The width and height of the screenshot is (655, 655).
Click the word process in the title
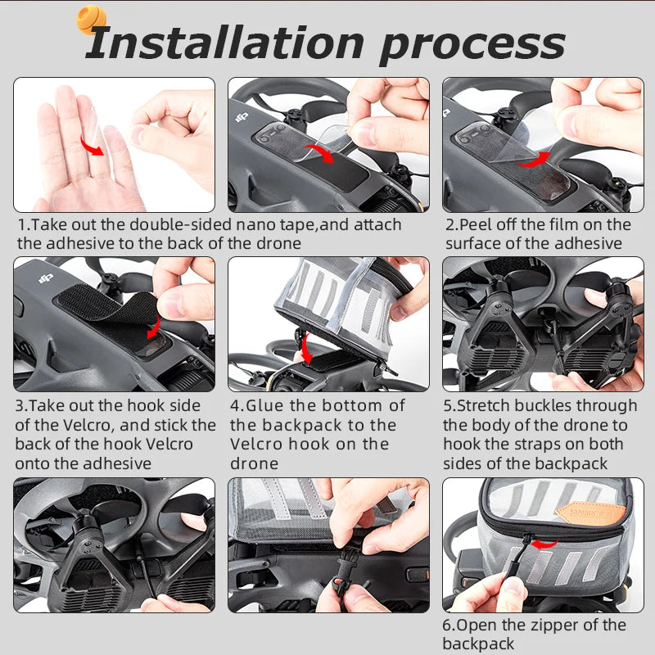(472, 44)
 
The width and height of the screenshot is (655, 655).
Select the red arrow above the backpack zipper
(540, 541)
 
